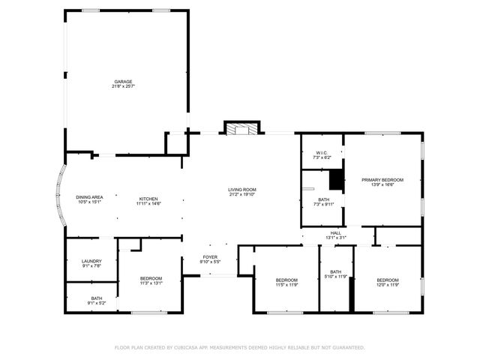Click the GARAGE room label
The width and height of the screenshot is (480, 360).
click(x=124, y=81)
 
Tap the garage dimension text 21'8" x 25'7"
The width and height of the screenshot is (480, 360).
click(x=124, y=86)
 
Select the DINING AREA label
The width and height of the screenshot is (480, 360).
click(x=89, y=197)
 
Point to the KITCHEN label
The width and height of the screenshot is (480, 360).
click(x=148, y=197)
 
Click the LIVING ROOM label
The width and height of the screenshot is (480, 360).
click(x=242, y=189)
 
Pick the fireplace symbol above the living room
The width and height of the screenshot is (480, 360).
click(x=241, y=129)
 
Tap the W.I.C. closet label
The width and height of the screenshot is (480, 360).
click(x=321, y=153)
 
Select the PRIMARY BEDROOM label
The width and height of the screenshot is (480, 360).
click(x=382, y=179)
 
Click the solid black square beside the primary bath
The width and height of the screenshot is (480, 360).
click(x=337, y=180)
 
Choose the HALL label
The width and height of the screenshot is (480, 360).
click(x=336, y=232)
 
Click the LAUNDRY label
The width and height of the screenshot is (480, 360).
click(x=91, y=260)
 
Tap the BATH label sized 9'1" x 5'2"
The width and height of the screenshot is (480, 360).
click(x=97, y=298)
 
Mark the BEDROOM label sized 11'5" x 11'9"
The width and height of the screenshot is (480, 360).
click(x=286, y=280)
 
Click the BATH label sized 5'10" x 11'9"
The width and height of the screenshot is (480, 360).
click(x=336, y=271)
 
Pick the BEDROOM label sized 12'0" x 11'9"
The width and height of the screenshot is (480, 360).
click(x=388, y=280)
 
